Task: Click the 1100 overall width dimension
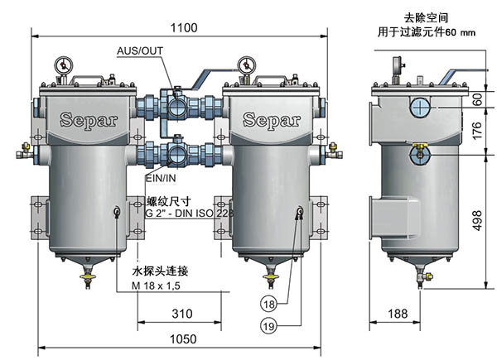[x=185, y=28]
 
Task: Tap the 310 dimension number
[x=183, y=314]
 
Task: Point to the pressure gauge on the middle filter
[x=245, y=64]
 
